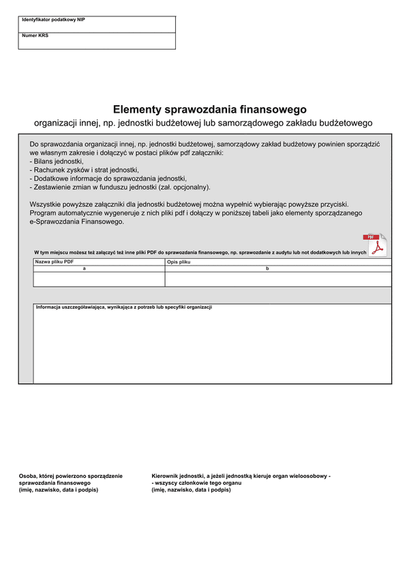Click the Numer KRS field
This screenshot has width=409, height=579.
pyautogui.click(x=97, y=41)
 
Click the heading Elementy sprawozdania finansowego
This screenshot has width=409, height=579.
pyautogui.click(x=210, y=109)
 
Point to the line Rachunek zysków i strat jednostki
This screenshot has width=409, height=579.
pyautogui.click(x=85, y=170)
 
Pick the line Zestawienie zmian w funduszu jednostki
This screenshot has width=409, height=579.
pyautogui.click(x=120, y=187)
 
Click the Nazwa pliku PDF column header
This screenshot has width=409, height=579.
pyautogui.click(x=55, y=262)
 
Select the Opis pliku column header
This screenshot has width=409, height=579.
pyautogui.click(x=179, y=262)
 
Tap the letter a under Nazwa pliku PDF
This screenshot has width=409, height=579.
pyautogui.click(x=84, y=269)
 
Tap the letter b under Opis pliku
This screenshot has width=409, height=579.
pyautogui.click(x=267, y=269)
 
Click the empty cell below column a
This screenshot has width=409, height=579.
pyautogui.click(x=99, y=279)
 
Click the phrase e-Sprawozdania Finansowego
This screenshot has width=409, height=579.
pyautogui.click(x=76, y=222)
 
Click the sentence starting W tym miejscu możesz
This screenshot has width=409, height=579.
pyautogui.click(x=200, y=253)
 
